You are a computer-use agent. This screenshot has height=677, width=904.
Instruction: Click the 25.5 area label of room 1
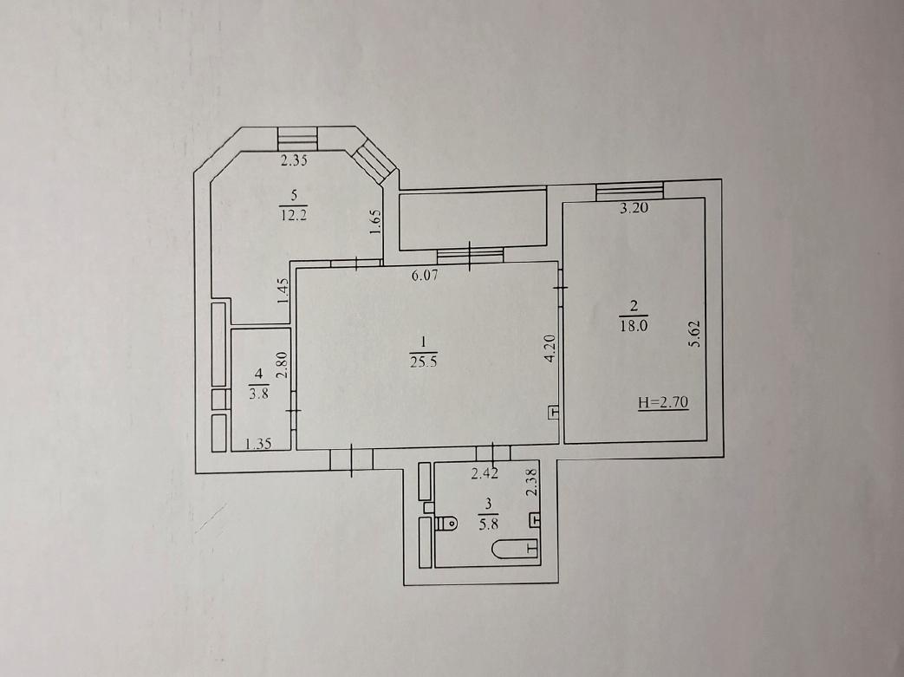click(423, 362)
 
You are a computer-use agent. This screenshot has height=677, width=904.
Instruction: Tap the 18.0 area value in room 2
click(634, 325)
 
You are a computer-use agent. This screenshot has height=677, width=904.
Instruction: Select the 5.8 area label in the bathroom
click(488, 524)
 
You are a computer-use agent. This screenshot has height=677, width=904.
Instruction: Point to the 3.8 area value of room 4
click(258, 395)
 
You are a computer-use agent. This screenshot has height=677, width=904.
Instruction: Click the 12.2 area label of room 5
click(294, 215)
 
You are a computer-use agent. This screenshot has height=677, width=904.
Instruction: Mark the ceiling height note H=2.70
click(663, 402)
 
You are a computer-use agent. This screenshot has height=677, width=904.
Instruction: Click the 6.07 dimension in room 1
click(425, 276)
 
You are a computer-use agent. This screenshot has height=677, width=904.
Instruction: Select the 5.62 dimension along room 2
click(695, 334)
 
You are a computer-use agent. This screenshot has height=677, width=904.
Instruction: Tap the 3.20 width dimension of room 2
click(634, 208)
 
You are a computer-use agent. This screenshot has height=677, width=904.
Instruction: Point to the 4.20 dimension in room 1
click(550, 348)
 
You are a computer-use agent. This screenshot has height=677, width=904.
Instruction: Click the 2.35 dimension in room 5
click(294, 160)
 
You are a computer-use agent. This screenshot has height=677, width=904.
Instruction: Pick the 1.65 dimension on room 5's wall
click(375, 221)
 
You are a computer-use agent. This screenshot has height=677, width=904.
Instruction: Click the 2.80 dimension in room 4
click(282, 365)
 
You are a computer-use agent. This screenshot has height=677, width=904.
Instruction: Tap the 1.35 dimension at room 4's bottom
click(258, 444)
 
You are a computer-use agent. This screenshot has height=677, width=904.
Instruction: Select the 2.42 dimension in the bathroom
click(485, 474)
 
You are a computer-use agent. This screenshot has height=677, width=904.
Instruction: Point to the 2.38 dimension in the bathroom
click(532, 482)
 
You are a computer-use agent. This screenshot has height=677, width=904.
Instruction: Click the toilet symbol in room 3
click(446, 524)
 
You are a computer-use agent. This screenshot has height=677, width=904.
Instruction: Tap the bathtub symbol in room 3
click(516, 548)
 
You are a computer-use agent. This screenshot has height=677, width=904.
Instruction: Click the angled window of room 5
click(374, 163)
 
